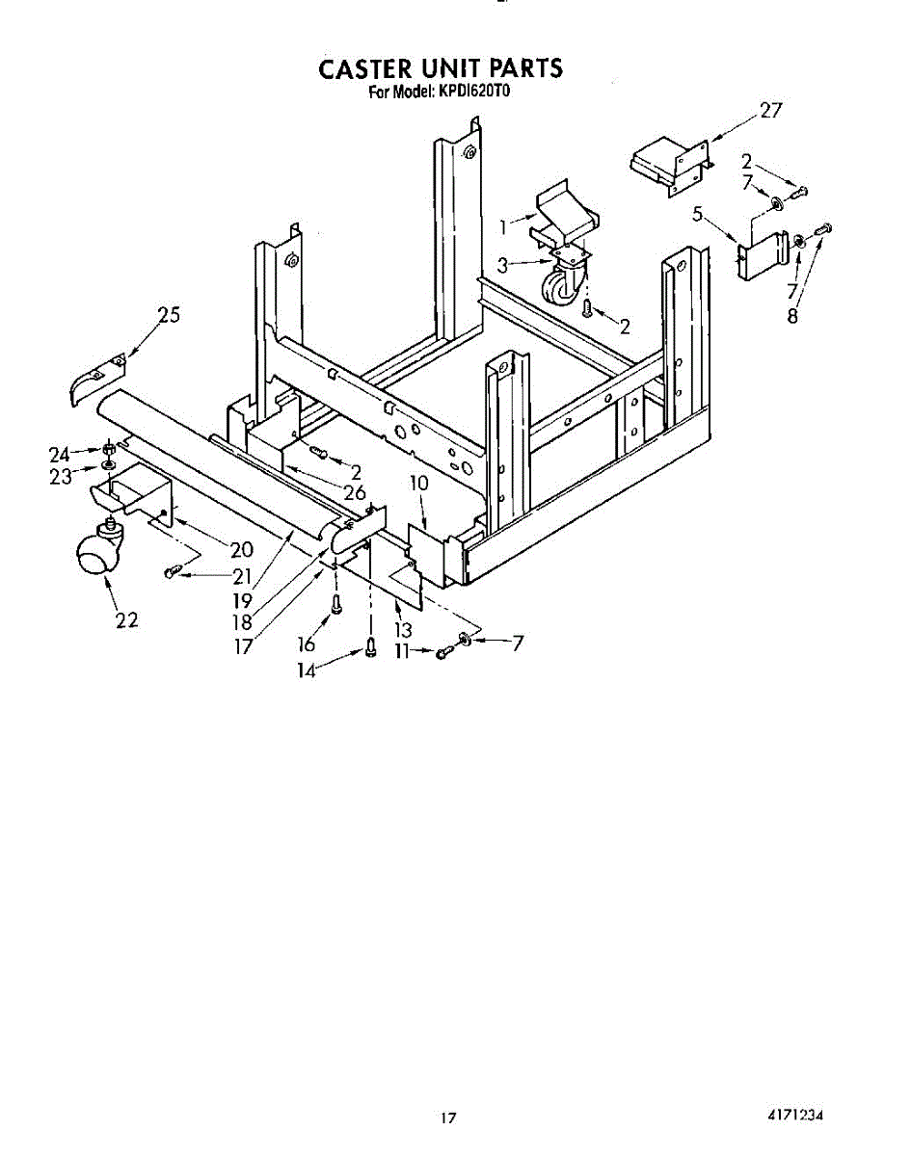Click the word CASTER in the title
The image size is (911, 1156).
364,69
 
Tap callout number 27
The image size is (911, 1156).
770,110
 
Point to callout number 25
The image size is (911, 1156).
169,316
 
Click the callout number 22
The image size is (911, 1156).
126,621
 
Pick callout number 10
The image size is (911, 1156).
418,483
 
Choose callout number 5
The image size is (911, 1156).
697,215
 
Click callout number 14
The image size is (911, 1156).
306,671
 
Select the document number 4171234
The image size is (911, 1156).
795,1116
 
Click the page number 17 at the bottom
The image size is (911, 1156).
447,1118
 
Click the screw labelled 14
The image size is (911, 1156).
371,651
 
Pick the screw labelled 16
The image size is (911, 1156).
335,605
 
